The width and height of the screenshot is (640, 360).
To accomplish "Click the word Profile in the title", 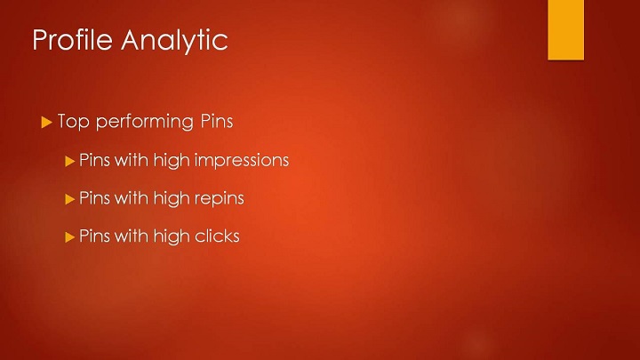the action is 73,40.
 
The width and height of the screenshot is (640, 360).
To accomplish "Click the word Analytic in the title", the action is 174,41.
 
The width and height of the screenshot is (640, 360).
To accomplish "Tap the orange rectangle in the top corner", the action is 565,30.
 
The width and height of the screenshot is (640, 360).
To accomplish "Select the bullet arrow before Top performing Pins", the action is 46,122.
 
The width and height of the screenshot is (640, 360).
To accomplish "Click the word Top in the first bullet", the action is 74,122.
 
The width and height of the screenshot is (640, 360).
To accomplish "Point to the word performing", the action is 145,122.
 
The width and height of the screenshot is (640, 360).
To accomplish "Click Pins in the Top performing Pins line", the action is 216,121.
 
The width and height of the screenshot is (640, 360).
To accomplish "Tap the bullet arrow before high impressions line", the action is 70,161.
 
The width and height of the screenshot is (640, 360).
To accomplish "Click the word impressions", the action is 242,160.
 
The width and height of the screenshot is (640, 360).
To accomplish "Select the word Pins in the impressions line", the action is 95,160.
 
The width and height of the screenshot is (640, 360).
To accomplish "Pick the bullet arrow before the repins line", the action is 70,199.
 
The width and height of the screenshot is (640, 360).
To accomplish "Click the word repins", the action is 220,198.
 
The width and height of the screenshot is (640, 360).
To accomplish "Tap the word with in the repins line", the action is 132,197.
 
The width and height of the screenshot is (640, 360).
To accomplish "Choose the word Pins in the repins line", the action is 95,197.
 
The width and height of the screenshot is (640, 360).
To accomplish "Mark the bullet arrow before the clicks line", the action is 70,237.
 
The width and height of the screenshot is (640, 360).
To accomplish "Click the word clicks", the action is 217,236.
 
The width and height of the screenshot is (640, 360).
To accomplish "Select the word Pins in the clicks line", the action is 95,236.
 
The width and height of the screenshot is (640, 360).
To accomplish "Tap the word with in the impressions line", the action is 132,160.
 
